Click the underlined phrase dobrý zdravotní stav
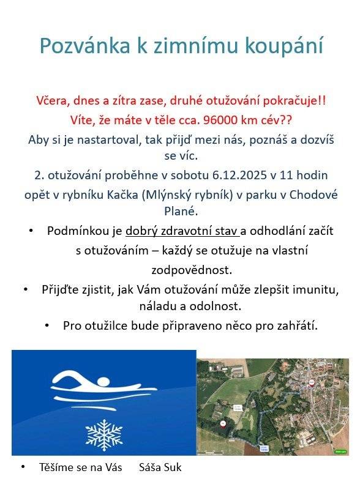[182, 231]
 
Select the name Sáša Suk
[160, 467]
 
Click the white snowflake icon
[103, 434]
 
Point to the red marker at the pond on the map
[223, 423]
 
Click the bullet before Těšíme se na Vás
[23, 467]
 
